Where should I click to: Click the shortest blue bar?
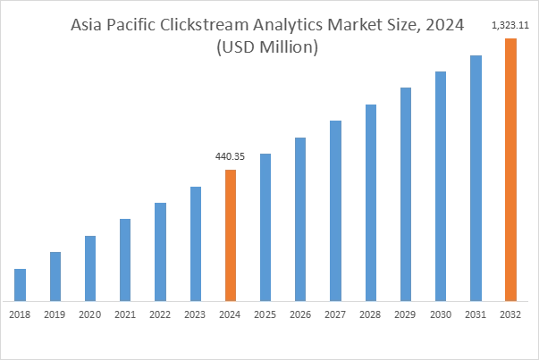click(x=21, y=283)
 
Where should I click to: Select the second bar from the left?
click(x=56, y=276)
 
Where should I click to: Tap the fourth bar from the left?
click(x=125, y=258)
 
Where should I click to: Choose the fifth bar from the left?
click(x=161, y=251)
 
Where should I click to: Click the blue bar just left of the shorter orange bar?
click(x=197, y=244)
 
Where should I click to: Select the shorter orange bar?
click(x=230, y=234)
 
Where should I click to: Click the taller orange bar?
click(x=510, y=169)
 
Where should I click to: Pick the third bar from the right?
click(x=440, y=187)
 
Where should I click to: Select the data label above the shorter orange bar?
click(x=232, y=157)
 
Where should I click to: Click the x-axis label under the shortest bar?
click(x=21, y=314)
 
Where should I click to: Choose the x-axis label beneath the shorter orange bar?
click(x=230, y=314)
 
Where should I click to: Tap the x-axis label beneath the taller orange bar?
click(x=510, y=314)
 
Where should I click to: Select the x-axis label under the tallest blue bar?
click(x=476, y=314)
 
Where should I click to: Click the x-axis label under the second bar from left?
click(x=56, y=314)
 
